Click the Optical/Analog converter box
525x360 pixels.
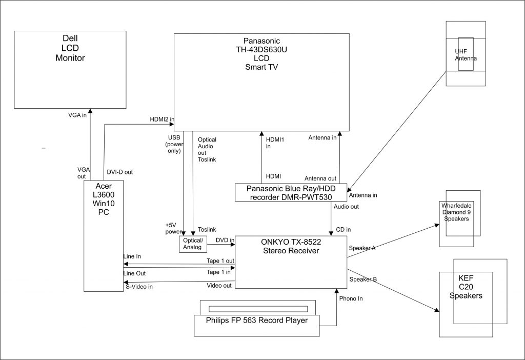[x=193, y=244]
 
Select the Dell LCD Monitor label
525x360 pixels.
[x=70, y=48]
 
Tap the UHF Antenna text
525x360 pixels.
[x=466, y=55]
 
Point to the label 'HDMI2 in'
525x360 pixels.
[x=162, y=119]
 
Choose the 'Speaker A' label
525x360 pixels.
[x=362, y=248]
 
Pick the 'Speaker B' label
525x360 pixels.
[x=363, y=279]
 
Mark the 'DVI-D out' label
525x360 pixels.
[x=120, y=172]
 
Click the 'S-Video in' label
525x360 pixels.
[x=139, y=287]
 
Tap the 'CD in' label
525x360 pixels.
[x=344, y=229]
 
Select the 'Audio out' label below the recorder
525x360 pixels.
[x=346, y=207]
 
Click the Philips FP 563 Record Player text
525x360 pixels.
[x=256, y=321]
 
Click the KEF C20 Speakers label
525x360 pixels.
[x=466, y=287]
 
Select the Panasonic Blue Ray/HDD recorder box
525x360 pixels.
[x=291, y=192]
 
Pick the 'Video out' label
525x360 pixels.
[x=219, y=285]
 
